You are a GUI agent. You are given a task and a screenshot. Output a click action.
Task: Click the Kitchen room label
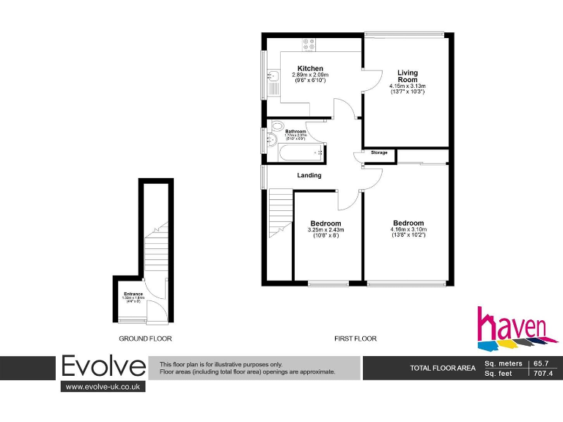click(310, 69)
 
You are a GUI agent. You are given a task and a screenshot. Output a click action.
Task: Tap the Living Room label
click(408, 76)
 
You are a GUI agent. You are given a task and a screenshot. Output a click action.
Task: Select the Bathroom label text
click(295, 132)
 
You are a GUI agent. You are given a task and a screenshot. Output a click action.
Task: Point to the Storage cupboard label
click(379, 152)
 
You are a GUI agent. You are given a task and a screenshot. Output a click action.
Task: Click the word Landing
click(309, 176)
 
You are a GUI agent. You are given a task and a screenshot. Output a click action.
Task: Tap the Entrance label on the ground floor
click(133, 295)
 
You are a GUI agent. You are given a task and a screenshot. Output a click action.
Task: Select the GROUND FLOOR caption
click(145, 338)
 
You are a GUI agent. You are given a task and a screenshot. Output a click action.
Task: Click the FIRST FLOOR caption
click(356, 338)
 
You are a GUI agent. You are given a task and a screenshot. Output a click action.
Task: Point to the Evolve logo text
click(103, 366)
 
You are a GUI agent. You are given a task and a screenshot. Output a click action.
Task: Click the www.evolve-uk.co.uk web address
click(103, 387)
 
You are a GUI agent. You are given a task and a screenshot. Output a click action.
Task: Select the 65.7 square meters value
click(541, 363)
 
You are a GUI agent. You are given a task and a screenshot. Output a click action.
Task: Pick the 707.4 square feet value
click(543, 373)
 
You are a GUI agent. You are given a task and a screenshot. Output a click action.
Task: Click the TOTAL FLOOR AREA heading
click(442, 368)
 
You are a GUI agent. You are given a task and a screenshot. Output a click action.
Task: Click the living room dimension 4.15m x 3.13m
click(408, 86)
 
